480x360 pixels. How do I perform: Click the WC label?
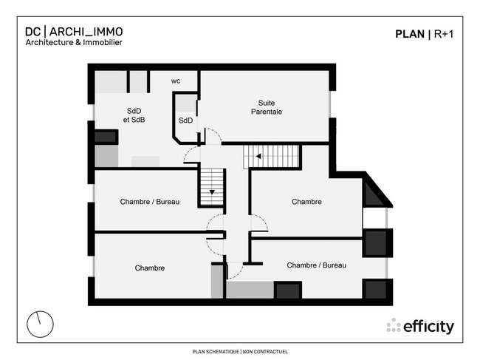coord(176,81)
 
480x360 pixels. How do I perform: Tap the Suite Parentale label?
coord(267,107)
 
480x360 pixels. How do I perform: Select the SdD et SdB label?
coord(134,115)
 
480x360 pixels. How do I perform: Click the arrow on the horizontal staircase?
coord(258,156)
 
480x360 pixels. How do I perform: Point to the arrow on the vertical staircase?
coord(212,192)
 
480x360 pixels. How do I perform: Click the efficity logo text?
coord(428,327)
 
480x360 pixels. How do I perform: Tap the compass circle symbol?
coord(40,325)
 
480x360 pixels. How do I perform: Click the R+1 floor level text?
coord(444,34)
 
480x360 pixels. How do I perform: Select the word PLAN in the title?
coord(410,34)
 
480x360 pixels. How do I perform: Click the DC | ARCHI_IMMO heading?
coord(74,32)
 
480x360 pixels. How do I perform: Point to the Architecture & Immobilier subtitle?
coord(74,42)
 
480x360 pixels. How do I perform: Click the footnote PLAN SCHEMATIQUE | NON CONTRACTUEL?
coord(240,352)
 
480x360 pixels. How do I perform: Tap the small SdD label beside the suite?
coord(186,120)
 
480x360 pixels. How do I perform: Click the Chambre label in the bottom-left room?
coord(150,268)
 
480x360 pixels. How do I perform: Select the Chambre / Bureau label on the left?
coord(150,202)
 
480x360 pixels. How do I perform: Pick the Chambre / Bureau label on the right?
coord(317,265)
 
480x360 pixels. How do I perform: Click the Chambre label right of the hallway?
coord(306,202)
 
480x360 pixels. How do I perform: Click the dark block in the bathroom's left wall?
coord(106,137)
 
